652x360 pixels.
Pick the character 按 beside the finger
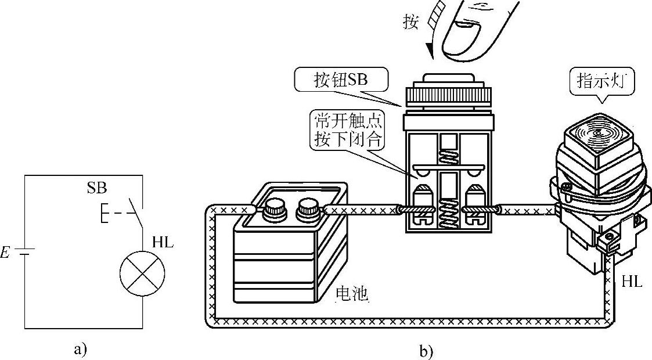click(x=410, y=22)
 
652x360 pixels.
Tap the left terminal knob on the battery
click(x=273, y=207)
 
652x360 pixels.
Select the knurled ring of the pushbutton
click(x=448, y=94)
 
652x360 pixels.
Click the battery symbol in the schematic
click(x=25, y=253)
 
